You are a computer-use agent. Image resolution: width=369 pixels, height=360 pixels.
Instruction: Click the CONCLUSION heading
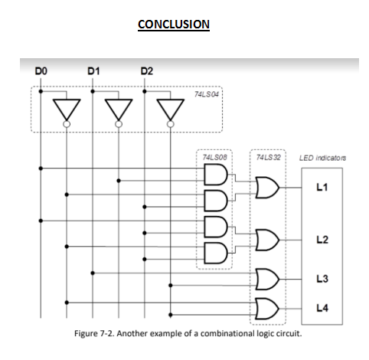click(173, 25)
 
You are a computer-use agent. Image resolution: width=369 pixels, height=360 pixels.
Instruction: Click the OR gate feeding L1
click(268, 186)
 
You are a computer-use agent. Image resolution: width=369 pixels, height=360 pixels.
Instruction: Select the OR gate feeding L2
click(268, 240)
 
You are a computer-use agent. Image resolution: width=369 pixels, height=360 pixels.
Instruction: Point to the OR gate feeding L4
click(268, 308)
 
